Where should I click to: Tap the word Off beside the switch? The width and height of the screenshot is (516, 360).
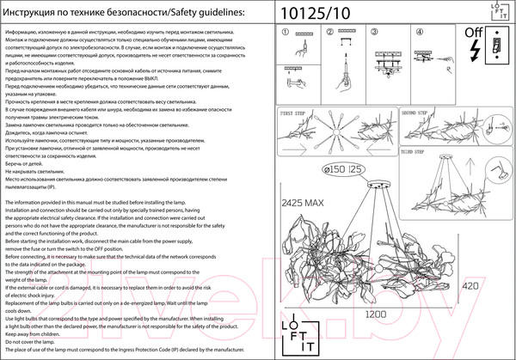coord(473,34)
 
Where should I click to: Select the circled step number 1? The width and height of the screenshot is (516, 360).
coord(286,32)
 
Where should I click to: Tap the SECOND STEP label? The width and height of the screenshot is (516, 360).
coord(415,113)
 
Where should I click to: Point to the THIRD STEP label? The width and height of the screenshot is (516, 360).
coord(415,148)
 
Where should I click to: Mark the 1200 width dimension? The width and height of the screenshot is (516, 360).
coord(373,315)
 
